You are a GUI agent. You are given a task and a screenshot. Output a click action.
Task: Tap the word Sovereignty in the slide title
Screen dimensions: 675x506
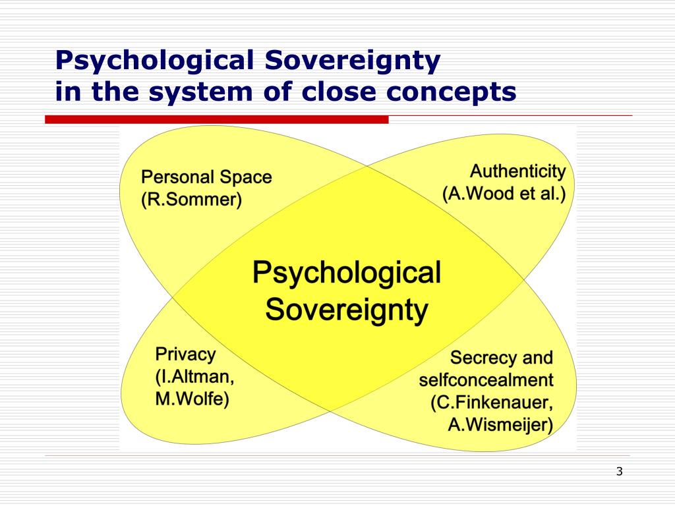click(353, 61)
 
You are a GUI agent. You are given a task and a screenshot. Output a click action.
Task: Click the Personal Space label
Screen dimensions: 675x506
click(207, 177)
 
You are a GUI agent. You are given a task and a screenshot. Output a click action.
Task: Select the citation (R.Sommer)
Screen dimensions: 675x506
click(191, 199)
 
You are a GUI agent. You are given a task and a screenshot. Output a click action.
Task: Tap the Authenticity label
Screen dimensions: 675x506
click(517, 172)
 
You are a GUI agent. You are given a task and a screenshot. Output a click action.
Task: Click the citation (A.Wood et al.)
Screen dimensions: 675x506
click(504, 194)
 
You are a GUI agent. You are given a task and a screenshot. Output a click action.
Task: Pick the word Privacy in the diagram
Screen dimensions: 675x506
click(185, 354)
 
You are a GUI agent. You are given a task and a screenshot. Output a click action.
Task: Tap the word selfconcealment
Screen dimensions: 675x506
click(486, 380)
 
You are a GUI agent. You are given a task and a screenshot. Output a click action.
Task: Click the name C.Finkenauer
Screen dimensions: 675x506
click(492, 403)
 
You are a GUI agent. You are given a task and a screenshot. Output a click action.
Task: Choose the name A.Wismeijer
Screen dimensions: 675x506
click(500, 425)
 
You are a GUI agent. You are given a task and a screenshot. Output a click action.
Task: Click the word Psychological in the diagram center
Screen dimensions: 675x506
click(347, 272)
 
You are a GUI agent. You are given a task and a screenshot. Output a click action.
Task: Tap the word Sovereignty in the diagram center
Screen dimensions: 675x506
click(347, 308)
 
